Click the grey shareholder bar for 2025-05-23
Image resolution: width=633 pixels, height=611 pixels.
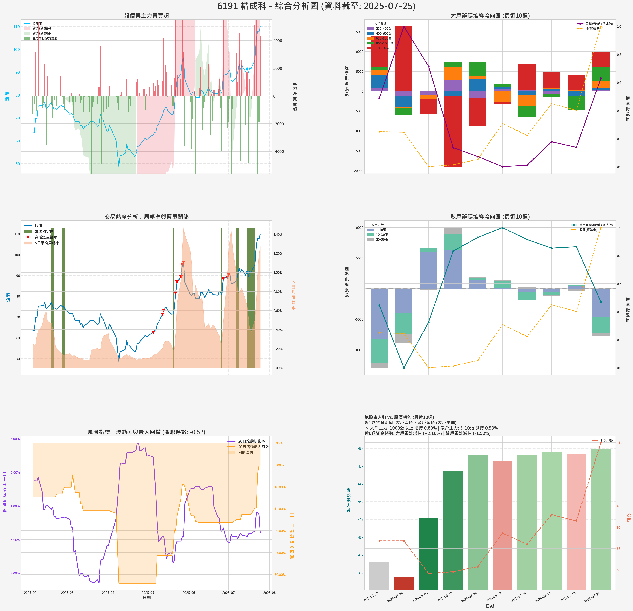379,575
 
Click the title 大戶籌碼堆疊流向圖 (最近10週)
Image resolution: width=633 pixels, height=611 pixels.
490,15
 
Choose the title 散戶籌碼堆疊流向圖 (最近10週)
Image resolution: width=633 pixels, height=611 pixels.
490,217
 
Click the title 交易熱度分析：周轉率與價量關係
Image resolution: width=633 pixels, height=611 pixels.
146,217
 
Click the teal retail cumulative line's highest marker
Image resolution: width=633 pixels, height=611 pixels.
502,228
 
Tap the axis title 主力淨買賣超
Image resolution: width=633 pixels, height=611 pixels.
295,96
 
